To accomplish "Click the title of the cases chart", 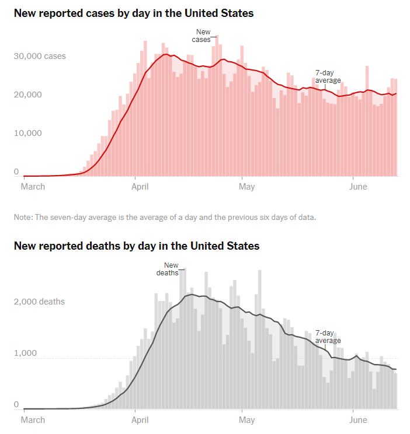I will pyautogui.click(x=134, y=13).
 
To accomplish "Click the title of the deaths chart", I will pyautogui.click(x=137, y=246).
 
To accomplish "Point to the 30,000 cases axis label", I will pyautogui.click(x=40, y=57).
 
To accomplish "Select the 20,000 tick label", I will pyautogui.click(x=28, y=95).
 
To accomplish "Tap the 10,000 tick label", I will pyautogui.click(x=28, y=133).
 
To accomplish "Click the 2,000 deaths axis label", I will pyautogui.click(x=39, y=302).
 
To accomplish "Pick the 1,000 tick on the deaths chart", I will pyautogui.click(x=25, y=353).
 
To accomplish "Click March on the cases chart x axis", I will pyautogui.click(x=33, y=187).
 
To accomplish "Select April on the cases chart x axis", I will pyautogui.click(x=140, y=187).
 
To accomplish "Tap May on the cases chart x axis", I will pyautogui.click(x=247, y=187).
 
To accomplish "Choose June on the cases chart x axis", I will pyautogui.click(x=357, y=187).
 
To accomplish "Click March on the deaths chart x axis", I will pyautogui.click(x=33, y=419).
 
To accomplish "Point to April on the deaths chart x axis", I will pyautogui.click(x=140, y=419).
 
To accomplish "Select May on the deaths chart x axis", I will pyautogui.click(x=247, y=419).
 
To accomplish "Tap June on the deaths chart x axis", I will pyautogui.click(x=357, y=419).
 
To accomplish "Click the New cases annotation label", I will pyautogui.click(x=201, y=36).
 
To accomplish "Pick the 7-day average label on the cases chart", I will pyautogui.click(x=328, y=76).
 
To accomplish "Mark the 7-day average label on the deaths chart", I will pyautogui.click(x=328, y=337).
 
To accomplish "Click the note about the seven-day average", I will pyautogui.click(x=165, y=218).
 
